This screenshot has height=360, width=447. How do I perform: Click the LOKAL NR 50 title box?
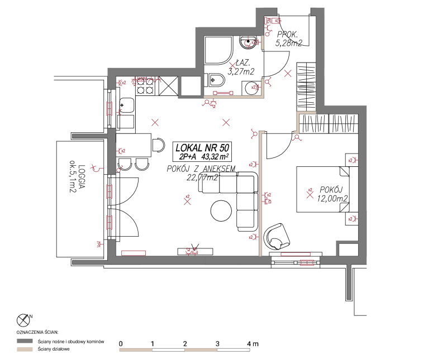coord(202,151)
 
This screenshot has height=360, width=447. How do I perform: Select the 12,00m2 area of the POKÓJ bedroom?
coord(332,199)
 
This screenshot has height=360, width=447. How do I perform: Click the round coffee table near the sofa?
coord(221,211)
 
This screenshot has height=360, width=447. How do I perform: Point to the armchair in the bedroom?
coord(277,236)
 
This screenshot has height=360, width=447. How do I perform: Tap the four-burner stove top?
coord(145,86)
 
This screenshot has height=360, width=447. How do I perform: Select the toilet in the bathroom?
coord(216,80)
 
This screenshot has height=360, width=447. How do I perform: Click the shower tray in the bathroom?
coord(218,50)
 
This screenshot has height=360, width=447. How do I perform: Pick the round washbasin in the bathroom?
coord(249,42)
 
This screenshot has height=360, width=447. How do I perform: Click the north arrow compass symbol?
coord(23,320)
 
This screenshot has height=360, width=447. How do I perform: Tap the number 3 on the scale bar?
coord(217,343)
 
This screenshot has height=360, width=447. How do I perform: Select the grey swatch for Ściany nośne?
coord(25,341)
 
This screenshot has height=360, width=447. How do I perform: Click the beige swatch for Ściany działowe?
coord(25,349)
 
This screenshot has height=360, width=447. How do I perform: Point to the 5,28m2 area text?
coord(288,43)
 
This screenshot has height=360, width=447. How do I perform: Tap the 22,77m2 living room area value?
coord(202,177)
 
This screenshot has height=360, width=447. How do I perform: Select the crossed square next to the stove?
coord(169,86)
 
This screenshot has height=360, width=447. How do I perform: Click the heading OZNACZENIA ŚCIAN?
coord(37,333)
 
